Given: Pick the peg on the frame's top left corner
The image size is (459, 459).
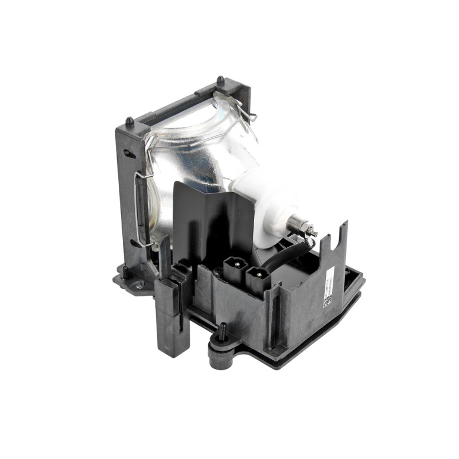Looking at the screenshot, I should coord(130,122).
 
